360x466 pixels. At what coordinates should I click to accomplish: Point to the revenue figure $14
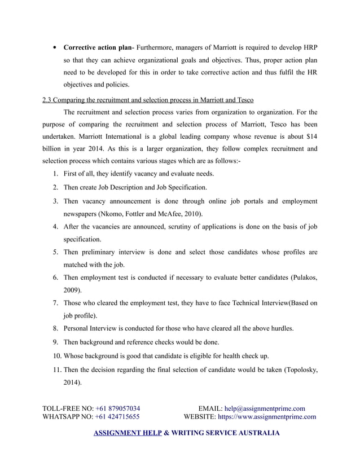coord(308,137)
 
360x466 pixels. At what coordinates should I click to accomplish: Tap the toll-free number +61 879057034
coord(118,408)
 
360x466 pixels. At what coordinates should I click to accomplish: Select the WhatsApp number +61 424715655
coord(117,417)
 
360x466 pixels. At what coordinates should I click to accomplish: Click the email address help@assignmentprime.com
coord(265,408)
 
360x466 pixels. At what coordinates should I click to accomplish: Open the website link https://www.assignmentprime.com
coord(267,417)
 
